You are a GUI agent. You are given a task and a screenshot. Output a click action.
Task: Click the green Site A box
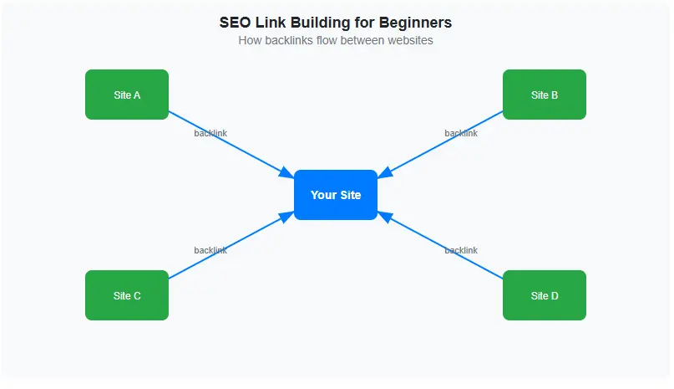click(127, 95)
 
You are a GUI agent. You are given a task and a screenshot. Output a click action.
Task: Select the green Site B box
click(545, 95)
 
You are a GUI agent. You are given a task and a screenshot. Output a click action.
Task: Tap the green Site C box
click(127, 295)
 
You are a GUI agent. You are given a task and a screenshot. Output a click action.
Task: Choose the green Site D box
click(545, 295)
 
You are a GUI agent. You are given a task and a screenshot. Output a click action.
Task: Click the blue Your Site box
click(336, 195)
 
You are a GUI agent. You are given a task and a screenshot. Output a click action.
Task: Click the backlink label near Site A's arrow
click(210, 133)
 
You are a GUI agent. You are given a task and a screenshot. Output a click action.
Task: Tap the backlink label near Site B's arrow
click(461, 133)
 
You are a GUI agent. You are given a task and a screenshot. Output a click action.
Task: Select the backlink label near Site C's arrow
click(210, 250)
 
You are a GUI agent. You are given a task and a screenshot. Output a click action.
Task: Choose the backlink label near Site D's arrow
click(461, 250)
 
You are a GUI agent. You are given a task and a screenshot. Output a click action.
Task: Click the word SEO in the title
click(235, 23)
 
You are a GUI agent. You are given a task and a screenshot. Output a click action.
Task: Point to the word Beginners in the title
click(416, 23)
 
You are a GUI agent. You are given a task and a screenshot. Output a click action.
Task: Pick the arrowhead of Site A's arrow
click(286, 172)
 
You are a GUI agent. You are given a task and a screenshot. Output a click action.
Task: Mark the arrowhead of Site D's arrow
click(385, 217)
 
